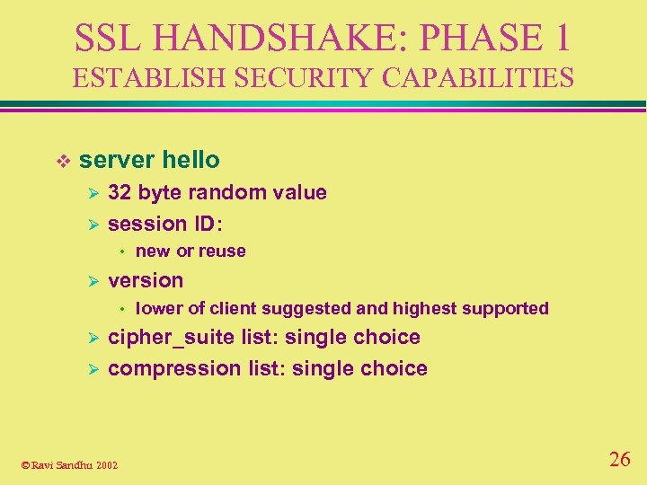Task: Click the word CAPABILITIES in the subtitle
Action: (x=477, y=78)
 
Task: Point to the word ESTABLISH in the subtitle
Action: (x=141, y=78)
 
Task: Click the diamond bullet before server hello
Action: (x=62, y=161)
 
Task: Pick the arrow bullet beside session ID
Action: (x=89, y=224)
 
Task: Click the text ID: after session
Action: (x=205, y=223)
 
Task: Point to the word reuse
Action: (x=222, y=251)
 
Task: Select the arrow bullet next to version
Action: (x=89, y=280)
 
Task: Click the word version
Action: (x=146, y=280)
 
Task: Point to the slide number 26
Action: (x=619, y=460)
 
